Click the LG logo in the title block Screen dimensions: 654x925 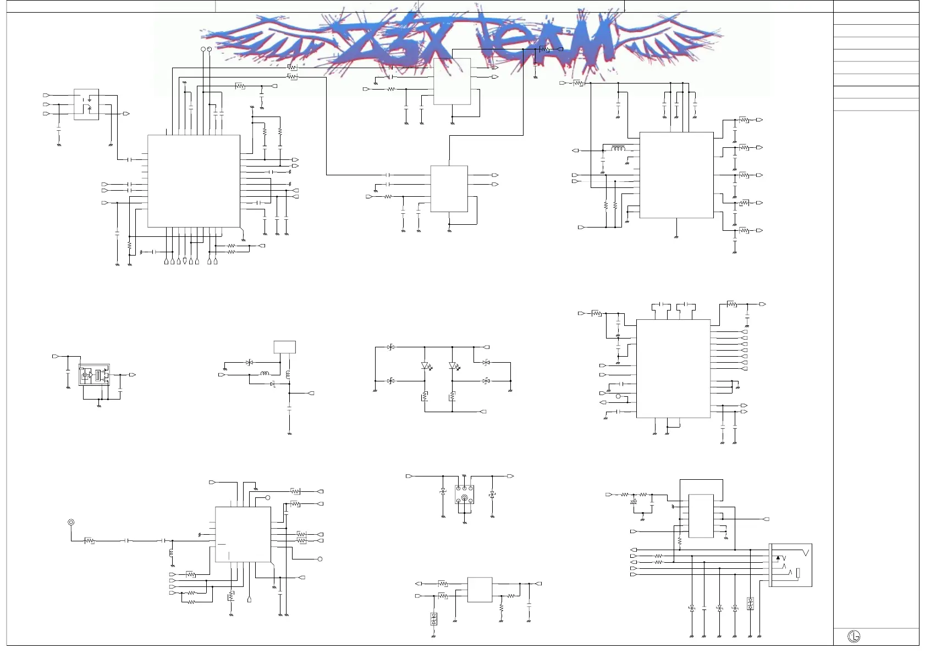854,636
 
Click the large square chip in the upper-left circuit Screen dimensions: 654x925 194,181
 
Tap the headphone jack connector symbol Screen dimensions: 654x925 790,565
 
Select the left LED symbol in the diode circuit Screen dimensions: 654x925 425,365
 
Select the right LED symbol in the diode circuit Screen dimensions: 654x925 453,365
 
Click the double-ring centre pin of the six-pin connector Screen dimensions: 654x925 465,498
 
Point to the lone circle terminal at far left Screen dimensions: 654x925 70,522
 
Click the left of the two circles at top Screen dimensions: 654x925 203,49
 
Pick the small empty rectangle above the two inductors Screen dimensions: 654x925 284,347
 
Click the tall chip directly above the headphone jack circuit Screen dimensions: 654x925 701,516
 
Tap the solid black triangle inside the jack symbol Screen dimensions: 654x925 778,558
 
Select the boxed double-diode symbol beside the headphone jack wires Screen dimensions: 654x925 750,603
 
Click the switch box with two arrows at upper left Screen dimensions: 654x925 86,104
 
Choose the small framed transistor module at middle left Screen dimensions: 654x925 94,375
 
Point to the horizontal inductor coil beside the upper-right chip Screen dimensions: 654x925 618,148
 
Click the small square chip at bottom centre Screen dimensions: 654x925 480,589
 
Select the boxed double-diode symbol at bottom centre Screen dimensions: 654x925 433,618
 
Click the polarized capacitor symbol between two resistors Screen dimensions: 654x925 634,501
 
